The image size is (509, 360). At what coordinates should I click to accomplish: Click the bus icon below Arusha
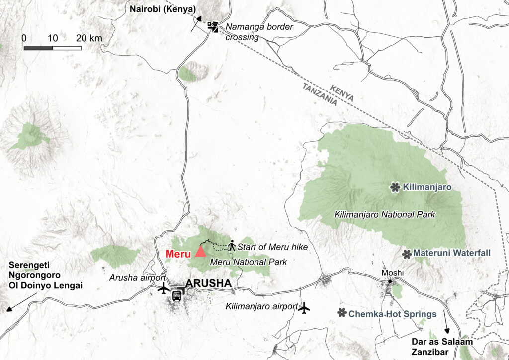click(x=176, y=295)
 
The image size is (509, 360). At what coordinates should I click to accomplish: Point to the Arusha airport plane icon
click(x=163, y=288)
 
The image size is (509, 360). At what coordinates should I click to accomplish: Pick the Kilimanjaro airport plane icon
click(x=305, y=308)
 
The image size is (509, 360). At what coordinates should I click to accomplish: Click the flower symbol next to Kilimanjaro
click(x=395, y=187)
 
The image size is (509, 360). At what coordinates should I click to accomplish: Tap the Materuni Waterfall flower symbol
click(x=407, y=254)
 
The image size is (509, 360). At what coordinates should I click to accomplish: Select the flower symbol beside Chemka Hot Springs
click(x=341, y=313)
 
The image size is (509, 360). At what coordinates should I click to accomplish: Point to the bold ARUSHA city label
click(x=208, y=284)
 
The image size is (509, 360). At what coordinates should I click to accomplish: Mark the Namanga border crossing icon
click(x=213, y=26)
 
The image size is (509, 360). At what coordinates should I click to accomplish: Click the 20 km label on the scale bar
click(x=89, y=39)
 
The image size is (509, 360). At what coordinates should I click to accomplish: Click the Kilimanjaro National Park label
click(x=385, y=215)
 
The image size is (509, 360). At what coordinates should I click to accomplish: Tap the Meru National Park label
click(x=249, y=261)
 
